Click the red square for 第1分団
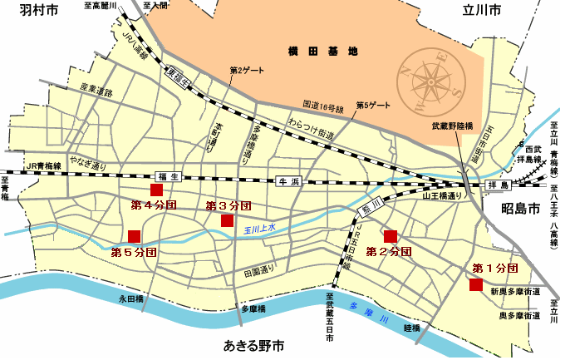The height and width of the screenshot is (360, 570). (x=475, y=285)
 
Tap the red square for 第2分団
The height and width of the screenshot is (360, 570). (x=390, y=235)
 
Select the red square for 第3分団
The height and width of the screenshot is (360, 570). (x=227, y=219)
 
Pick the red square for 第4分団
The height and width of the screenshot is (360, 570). (x=155, y=189)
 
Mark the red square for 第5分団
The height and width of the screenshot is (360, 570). (x=135, y=235)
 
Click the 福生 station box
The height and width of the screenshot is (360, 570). (x=168, y=175)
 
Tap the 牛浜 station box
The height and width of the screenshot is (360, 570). (x=287, y=180)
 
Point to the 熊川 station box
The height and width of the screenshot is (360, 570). (x=370, y=205)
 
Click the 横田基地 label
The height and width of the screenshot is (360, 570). (x=325, y=51)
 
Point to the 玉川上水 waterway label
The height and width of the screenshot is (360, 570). (x=259, y=228)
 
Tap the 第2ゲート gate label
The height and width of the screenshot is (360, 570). (x=246, y=71)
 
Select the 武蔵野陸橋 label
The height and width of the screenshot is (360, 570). (x=452, y=127)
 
